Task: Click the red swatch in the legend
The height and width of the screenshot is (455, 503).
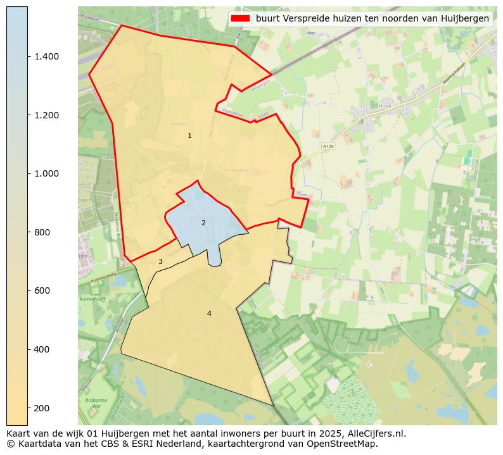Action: coord(240,18)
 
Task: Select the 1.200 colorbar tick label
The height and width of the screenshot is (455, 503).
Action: coord(46,115)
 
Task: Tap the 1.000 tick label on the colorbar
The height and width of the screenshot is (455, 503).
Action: coord(46,173)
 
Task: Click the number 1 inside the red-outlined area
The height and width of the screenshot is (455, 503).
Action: coord(189,135)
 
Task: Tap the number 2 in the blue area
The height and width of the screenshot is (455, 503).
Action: coord(203,223)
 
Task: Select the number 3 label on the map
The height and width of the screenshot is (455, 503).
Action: coord(160,261)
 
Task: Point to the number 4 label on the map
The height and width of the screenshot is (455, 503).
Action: coord(209,313)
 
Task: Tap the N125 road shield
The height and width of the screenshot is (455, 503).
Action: coord(328,146)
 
